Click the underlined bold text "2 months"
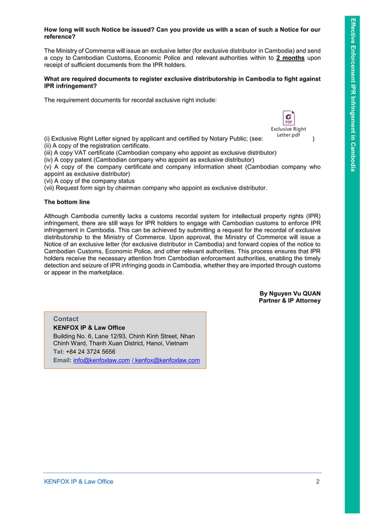pyautogui.click(x=289, y=58)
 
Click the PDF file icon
pyautogui.click(x=288, y=118)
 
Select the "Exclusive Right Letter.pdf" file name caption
pyautogui.click(x=288, y=132)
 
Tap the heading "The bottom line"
pyautogui.click(x=67, y=202)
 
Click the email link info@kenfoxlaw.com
pyautogui.click(x=102, y=360)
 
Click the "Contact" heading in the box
pyautogui.click(x=66, y=319)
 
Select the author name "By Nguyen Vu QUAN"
pyautogui.click(x=290, y=293)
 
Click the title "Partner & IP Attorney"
pyautogui.click(x=289, y=301)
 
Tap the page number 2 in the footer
pyautogui.click(x=318, y=481)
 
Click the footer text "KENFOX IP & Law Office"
pyautogui.click(x=79, y=481)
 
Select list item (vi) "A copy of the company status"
pyautogui.click(x=89, y=181)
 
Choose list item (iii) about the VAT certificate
pyautogui.click(x=160, y=153)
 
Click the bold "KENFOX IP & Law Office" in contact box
pyautogui.click(x=89, y=328)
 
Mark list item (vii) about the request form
pyautogui.click(x=156, y=188)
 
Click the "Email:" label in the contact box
pyautogui.click(x=62, y=360)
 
